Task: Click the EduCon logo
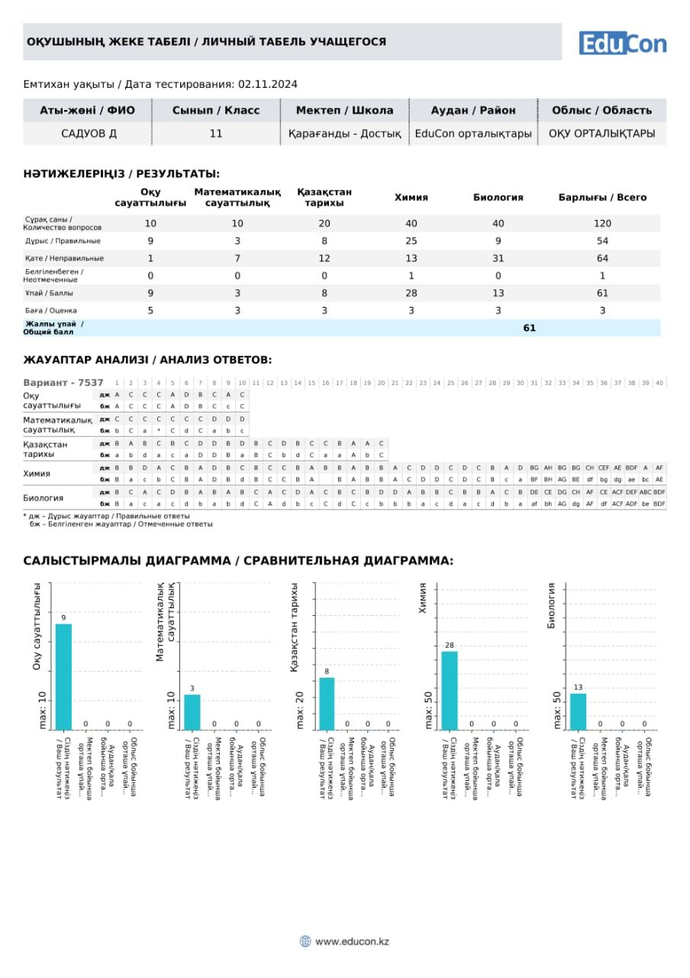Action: tap(622, 43)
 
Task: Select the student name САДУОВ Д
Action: tap(89, 134)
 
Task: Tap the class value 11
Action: tap(216, 134)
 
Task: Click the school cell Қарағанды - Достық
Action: tap(344, 134)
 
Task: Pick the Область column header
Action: tap(601, 110)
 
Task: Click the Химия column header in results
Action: tap(411, 197)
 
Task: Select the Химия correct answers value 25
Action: tap(411, 241)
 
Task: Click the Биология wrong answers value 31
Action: tap(498, 258)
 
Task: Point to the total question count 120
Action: tap(602, 223)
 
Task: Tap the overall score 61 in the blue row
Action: tap(530, 328)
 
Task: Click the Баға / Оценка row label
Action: tap(50, 310)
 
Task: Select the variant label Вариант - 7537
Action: tap(63, 382)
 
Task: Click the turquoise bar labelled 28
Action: tap(450, 690)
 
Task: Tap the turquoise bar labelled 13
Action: tap(578, 711)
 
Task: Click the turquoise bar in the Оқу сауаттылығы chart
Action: tap(63, 676)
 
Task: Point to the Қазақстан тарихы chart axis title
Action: tap(295, 627)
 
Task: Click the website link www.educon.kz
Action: tap(352, 941)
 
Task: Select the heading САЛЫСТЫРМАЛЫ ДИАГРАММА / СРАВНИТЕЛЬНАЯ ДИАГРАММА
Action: tap(238, 561)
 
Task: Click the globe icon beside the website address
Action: tap(305, 941)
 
